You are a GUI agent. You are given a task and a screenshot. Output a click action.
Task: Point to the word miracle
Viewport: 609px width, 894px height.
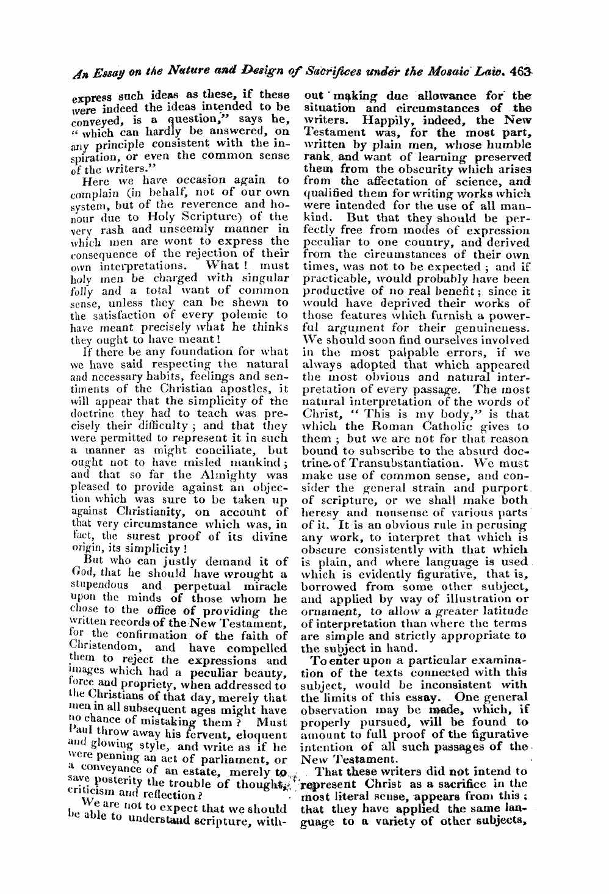[264, 586]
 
